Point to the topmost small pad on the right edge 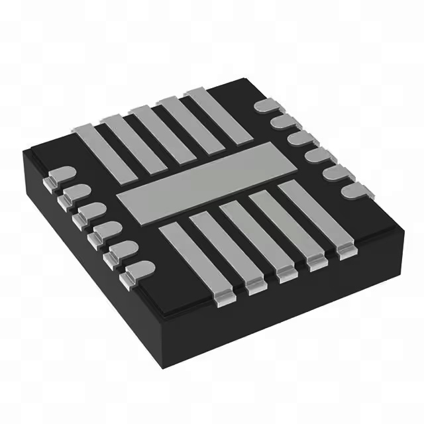(x=266, y=106)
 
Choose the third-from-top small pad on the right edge (x=301, y=138)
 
